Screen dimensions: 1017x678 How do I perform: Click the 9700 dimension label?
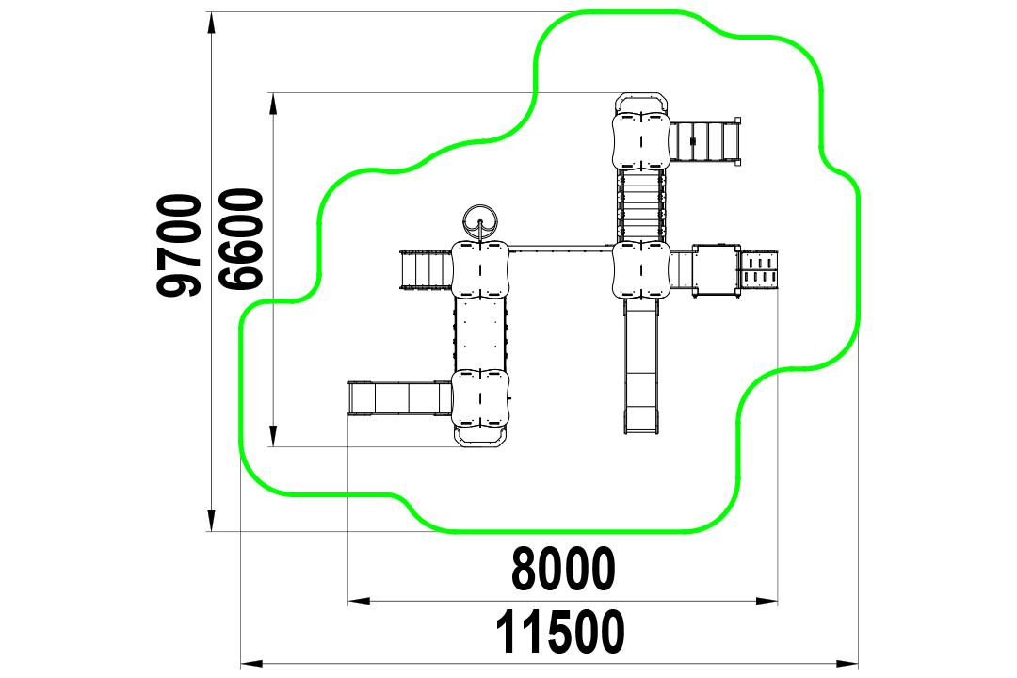(179, 245)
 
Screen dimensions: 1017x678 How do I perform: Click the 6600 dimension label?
(241, 239)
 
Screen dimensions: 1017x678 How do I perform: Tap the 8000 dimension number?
(563, 569)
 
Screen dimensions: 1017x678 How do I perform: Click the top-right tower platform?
(641, 141)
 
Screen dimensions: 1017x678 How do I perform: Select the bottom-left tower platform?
(480, 398)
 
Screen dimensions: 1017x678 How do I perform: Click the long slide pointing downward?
(641, 366)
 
